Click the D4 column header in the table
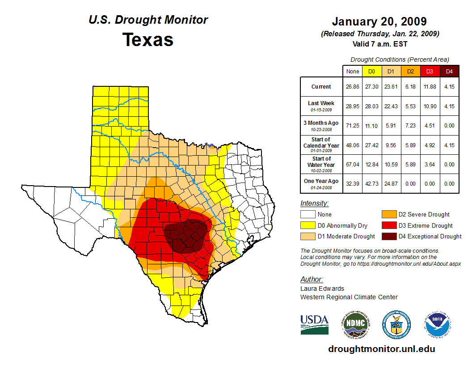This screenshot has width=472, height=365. point(449,71)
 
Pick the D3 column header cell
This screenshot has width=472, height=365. point(430,71)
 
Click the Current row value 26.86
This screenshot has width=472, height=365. point(353,87)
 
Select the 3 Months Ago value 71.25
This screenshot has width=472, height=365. point(353,126)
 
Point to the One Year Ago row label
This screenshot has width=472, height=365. point(321,182)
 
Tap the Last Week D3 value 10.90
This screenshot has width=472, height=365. point(430,106)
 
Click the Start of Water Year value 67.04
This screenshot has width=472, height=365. point(353,165)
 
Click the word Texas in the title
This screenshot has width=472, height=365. point(148,39)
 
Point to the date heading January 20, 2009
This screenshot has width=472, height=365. point(379,21)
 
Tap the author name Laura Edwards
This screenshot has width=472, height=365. point(322,289)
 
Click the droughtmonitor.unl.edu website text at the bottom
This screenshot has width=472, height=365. point(381,349)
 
